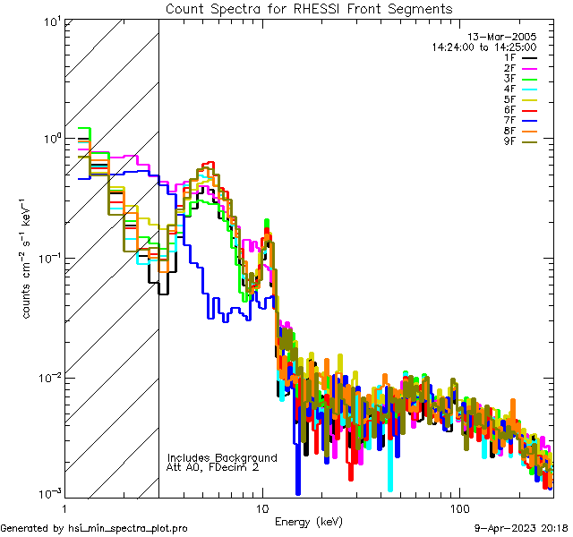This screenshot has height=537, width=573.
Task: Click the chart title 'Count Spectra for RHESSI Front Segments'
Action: pos(308,9)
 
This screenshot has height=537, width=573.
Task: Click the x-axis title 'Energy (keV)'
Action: pos(308,522)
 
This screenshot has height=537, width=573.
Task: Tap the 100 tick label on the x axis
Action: pos(458,507)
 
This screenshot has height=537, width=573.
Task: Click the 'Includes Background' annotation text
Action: pos(222,457)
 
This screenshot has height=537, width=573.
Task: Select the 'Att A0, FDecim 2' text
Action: pos(213,467)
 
